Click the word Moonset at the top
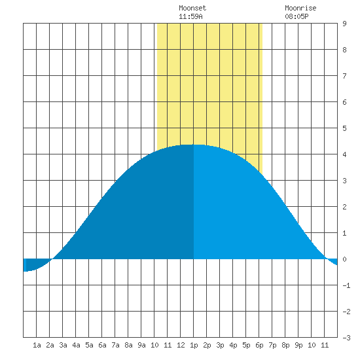click(192, 8)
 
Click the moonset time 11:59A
click(190, 16)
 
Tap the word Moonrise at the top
click(300, 8)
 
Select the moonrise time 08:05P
click(297, 16)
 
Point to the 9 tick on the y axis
click(344, 24)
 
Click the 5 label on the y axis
click(344, 128)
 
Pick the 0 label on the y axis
click(344, 259)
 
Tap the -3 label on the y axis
click(346, 338)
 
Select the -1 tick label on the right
click(346, 285)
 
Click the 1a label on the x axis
click(37, 345)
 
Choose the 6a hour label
click(102, 345)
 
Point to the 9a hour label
click(141, 345)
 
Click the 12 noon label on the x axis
click(181, 345)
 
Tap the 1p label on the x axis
click(194, 345)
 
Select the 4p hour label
click(233, 345)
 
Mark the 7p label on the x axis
click(272, 345)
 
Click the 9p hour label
click(298, 345)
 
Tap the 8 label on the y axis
click(344, 50)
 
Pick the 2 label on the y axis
click(344, 207)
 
